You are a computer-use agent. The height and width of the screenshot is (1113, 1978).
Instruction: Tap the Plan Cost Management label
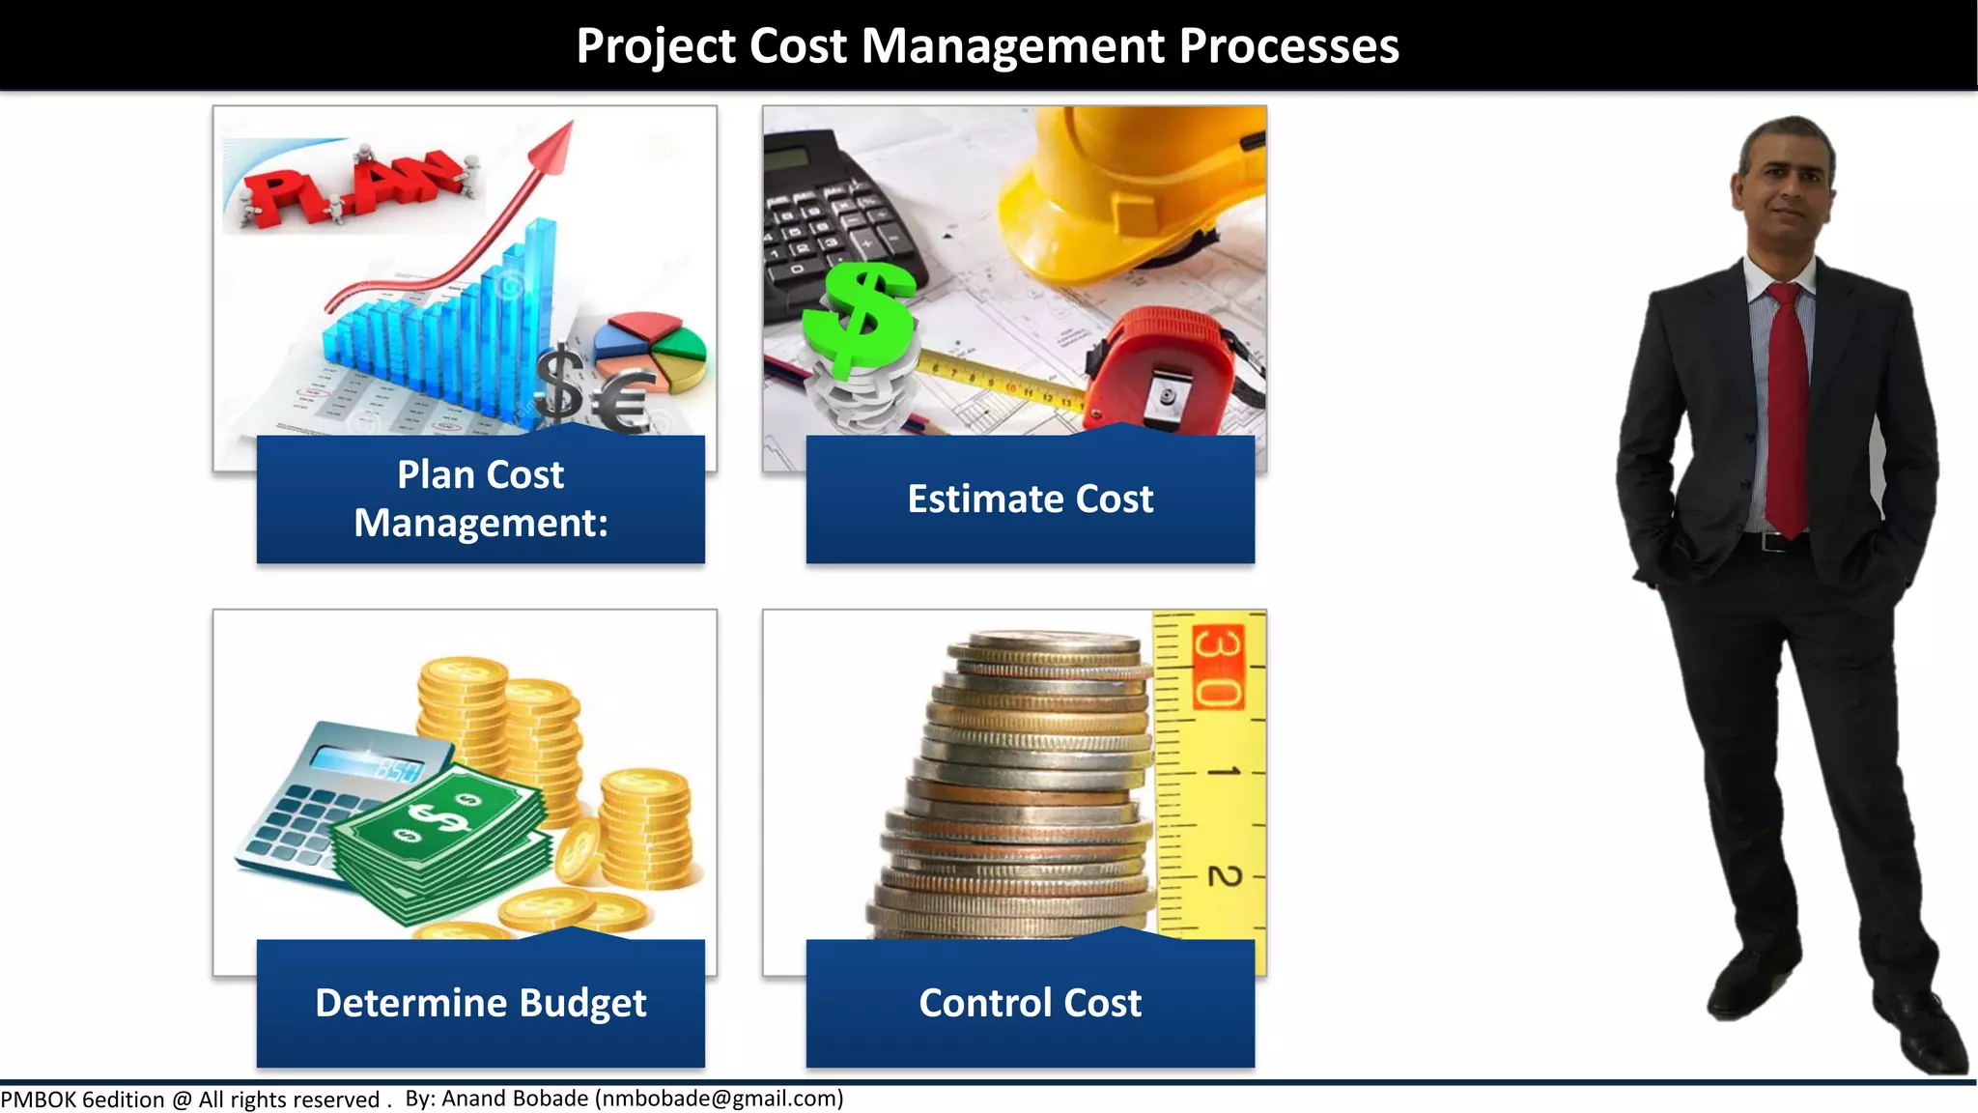480,499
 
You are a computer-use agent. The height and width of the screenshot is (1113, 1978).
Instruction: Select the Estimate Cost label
1030,499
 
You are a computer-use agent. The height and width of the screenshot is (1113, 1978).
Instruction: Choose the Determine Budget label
480,1003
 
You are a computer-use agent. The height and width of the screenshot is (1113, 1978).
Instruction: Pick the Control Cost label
1030,1003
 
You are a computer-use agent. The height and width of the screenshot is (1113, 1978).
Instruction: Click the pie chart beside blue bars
651,348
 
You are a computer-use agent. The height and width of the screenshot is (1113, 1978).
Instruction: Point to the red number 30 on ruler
1218,667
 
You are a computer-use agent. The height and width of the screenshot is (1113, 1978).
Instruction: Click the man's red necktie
1787,406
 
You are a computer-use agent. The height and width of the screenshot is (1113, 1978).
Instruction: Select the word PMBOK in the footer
39,1099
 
